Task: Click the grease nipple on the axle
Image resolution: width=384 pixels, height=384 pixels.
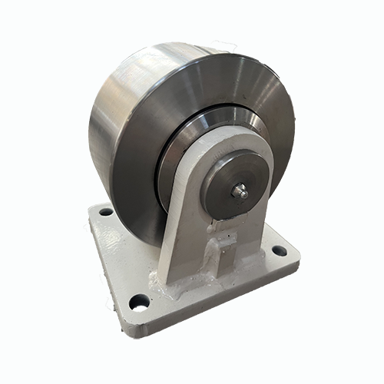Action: [x=241, y=193]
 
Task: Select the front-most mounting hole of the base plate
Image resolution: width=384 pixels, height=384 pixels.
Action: [x=138, y=302]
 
